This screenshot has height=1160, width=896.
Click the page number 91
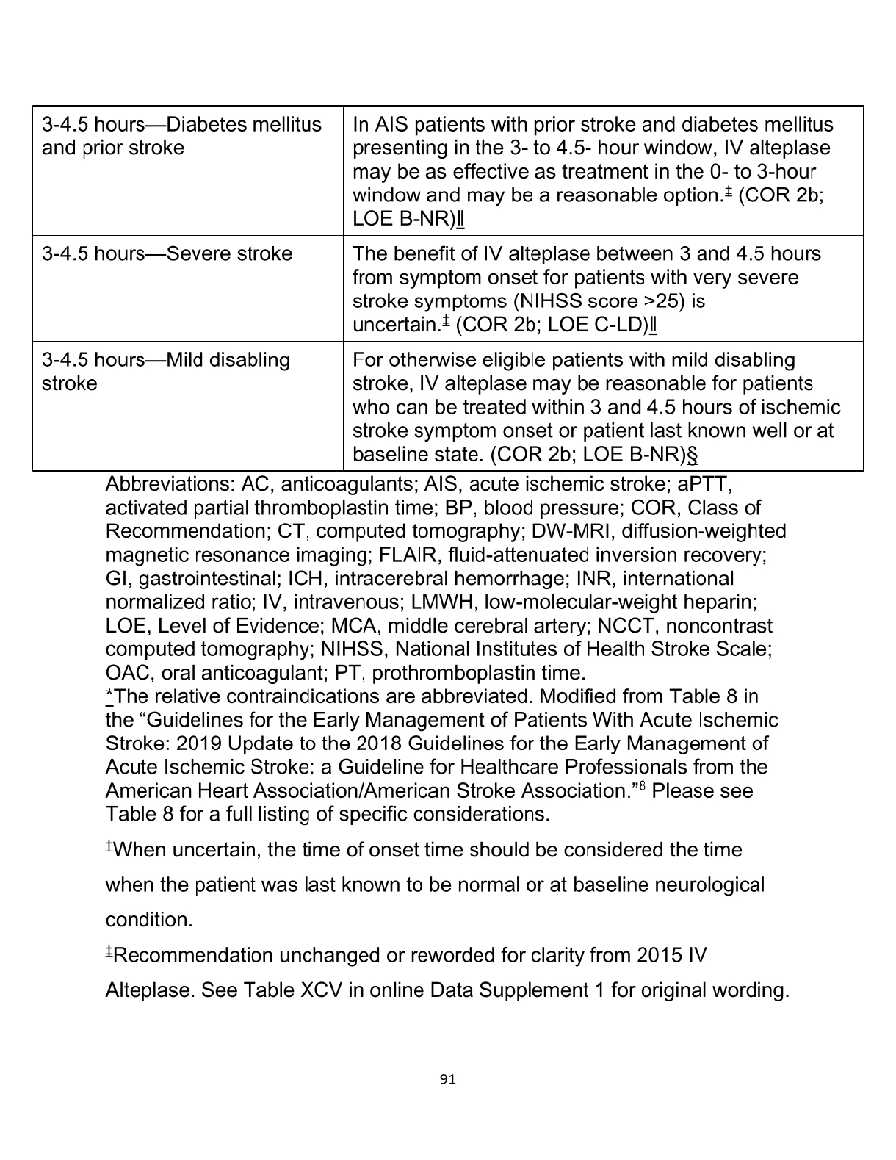pyautogui.click(x=447, y=1079)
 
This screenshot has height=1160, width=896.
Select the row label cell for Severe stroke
pyautogui.click(x=167, y=254)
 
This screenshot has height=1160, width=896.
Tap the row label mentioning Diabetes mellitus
pyautogui.click(x=181, y=136)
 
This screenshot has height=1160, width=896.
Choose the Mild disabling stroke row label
pyautogui.click(x=166, y=372)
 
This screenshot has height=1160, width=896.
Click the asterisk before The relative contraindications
pyautogui.click(x=109, y=696)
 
